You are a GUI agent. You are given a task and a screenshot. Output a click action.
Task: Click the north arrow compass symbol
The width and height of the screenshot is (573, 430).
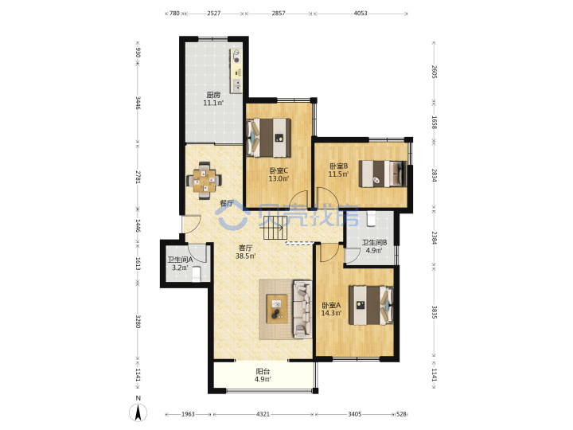click(x=138, y=412)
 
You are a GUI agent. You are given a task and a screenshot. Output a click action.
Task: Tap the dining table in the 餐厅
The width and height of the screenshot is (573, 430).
click(x=205, y=181)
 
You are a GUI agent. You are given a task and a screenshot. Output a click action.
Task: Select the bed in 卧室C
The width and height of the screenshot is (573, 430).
click(x=269, y=138)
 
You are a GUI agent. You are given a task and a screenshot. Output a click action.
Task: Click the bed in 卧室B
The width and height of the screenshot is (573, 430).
click(x=383, y=174)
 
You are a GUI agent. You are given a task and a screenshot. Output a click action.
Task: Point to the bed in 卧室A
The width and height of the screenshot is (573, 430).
click(x=371, y=305)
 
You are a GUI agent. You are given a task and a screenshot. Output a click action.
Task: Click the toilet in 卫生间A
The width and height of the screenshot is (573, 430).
click(x=197, y=274)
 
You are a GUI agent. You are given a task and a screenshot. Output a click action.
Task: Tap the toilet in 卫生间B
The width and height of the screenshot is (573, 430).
click(x=371, y=219)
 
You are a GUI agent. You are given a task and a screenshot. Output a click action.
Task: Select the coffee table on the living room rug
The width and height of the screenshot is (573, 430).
click(x=277, y=309)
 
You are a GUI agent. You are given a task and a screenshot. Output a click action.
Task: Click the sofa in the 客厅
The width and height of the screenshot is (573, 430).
click(x=302, y=309)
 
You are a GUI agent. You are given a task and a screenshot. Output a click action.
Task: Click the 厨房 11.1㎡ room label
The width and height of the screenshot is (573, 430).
click(x=213, y=99)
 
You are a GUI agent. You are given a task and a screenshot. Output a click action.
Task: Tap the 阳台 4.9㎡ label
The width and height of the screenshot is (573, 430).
click(x=263, y=375)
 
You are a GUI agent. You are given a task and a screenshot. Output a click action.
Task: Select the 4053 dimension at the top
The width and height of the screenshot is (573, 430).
click(x=361, y=14)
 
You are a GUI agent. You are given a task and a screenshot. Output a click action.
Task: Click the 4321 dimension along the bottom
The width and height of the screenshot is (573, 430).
click(x=263, y=414)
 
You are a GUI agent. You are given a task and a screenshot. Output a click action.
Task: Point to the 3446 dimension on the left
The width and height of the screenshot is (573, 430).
click(x=138, y=103)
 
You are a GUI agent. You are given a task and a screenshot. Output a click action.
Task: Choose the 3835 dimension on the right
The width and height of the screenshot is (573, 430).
click(x=435, y=312)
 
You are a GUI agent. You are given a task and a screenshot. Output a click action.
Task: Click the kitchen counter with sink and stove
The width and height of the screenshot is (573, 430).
click(x=236, y=71)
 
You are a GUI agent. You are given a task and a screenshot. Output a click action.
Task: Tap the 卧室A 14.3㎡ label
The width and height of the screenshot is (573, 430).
click(x=331, y=309)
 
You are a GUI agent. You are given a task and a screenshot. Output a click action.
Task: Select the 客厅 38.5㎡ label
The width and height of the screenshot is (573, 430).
click(x=245, y=252)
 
